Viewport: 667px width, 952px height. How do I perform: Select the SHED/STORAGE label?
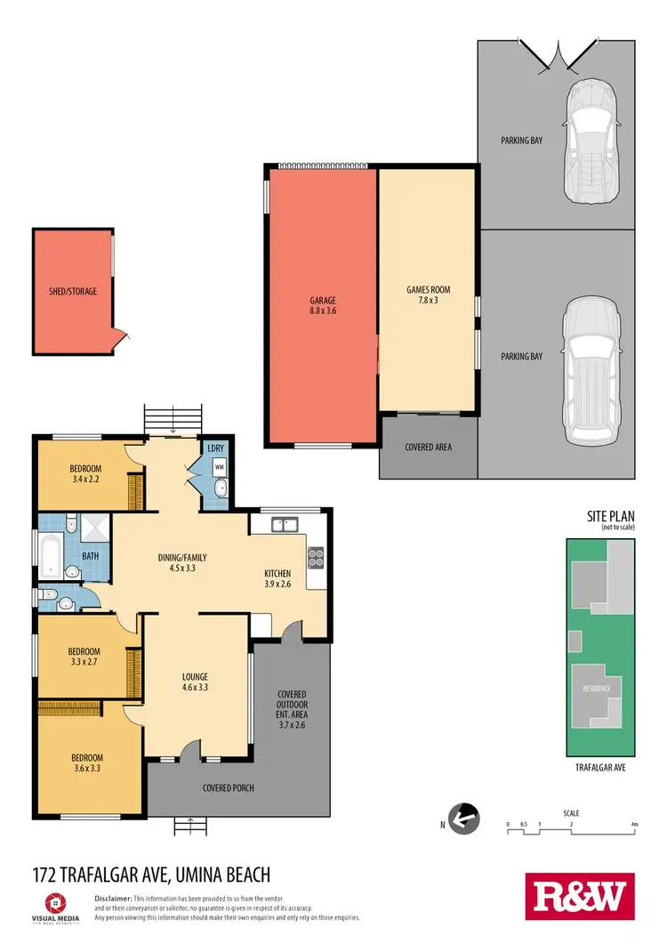(73, 291)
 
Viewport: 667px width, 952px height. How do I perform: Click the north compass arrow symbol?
(462, 818)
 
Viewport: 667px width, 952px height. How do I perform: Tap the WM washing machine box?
(219, 465)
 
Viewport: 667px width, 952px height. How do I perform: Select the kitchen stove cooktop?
(315, 558)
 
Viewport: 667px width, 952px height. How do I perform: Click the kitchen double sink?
(285, 525)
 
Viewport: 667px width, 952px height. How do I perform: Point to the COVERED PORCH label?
(229, 787)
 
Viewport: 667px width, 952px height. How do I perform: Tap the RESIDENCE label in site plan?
(596, 689)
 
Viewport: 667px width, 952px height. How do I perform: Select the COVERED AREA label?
(428, 447)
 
